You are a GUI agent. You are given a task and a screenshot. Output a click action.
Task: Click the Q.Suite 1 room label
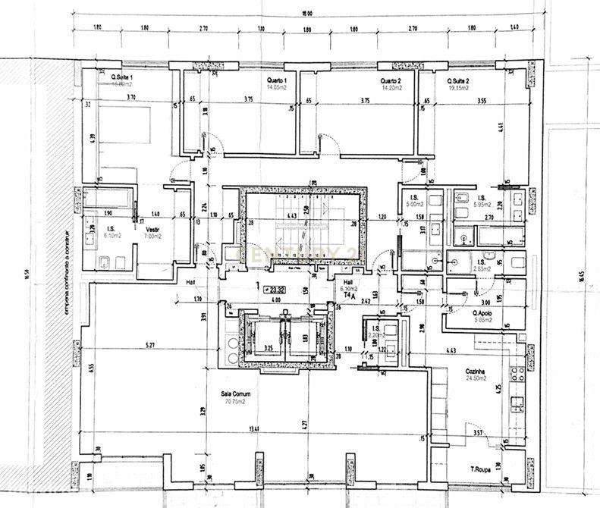click(x=122, y=78)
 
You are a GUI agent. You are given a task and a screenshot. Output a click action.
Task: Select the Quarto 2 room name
click(x=391, y=80)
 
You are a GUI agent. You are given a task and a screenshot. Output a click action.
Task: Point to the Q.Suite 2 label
click(x=458, y=80)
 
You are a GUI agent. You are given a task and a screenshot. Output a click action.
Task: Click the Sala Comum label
click(x=236, y=394)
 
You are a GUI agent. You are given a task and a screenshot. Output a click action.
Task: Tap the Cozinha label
click(x=476, y=371)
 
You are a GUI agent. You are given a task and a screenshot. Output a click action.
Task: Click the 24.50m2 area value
click(x=476, y=378)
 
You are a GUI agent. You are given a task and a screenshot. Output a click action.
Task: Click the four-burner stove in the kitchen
click(x=518, y=373)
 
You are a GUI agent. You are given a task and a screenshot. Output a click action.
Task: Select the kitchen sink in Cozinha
click(x=518, y=402)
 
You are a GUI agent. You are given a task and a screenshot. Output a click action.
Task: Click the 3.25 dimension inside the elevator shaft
click(x=268, y=348)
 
